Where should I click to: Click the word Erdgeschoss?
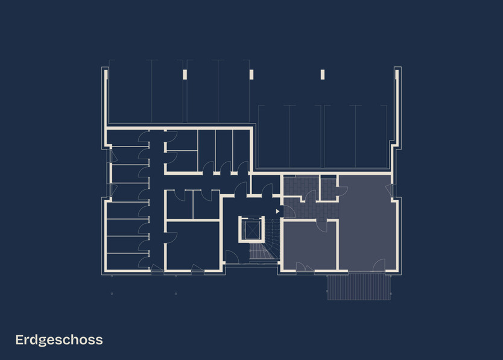[x=59, y=339]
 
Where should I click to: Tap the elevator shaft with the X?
[x=250, y=229]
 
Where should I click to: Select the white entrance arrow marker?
[x=277, y=211]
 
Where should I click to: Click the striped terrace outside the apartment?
[x=358, y=286]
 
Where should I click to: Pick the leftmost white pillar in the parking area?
[x=185, y=74]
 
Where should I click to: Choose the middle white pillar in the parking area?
[x=251, y=74]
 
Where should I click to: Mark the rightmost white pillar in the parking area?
[x=323, y=74]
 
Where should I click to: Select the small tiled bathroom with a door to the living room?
[x=327, y=188]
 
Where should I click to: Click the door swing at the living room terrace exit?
[x=378, y=265]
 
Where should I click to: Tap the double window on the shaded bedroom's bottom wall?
[x=304, y=270]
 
